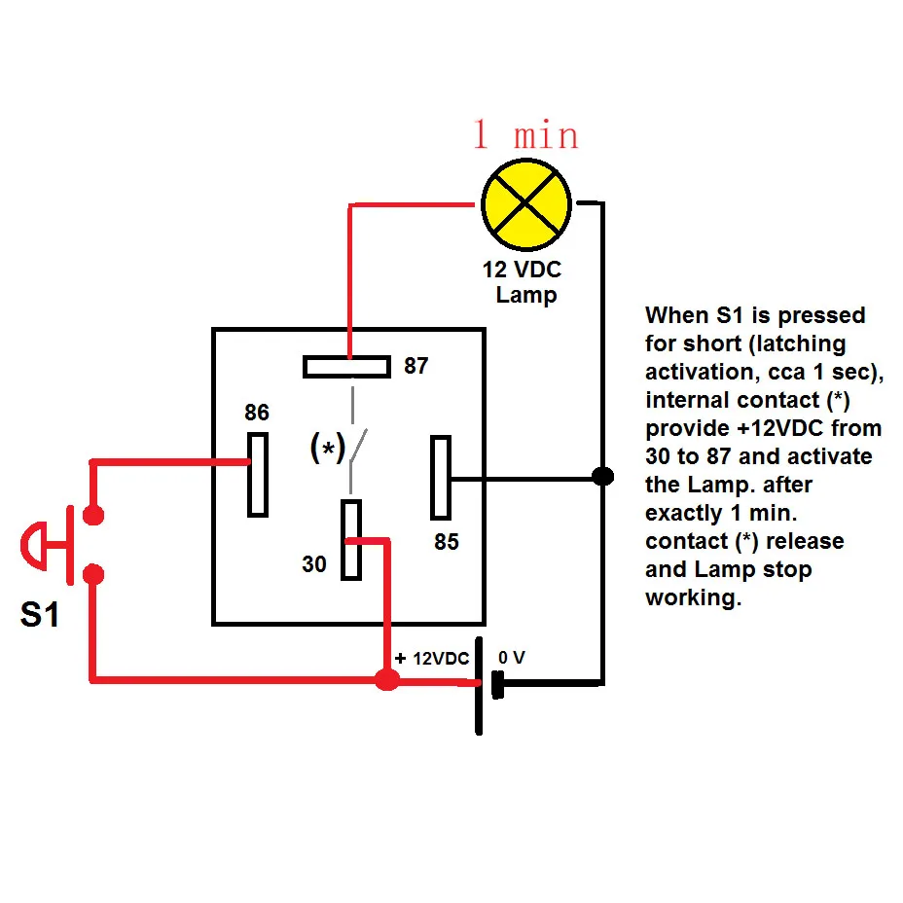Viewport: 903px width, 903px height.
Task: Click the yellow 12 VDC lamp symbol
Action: [x=526, y=203]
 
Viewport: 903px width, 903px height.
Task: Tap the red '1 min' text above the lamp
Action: [x=525, y=135]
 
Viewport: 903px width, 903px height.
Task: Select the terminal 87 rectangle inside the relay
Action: [x=346, y=367]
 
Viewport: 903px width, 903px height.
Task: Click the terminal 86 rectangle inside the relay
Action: [x=257, y=474]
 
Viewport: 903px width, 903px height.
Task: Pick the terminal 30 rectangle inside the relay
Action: [x=351, y=540]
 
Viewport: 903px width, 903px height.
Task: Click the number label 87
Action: [x=415, y=367]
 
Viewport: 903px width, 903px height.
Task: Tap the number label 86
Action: [x=256, y=413]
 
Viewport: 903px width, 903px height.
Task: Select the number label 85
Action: [x=446, y=542]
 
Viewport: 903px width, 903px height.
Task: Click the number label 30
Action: [x=313, y=564]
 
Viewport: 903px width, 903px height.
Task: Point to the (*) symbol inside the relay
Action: [x=327, y=448]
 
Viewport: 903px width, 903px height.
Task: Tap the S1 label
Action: [x=40, y=615]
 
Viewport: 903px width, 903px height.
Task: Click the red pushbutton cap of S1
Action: [x=32, y=545]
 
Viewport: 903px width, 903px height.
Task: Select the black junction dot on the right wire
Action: [x=603, y=477]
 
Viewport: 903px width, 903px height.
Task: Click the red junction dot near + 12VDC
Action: [x=386, y=680]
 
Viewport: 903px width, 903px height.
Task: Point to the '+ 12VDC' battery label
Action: [x=431, y=659]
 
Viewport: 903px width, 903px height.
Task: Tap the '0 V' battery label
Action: [x=512, y=658]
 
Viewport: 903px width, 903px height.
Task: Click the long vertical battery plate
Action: [x=478, y=687]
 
